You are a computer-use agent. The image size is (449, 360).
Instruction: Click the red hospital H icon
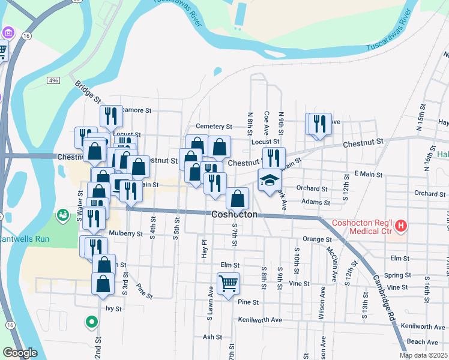[401, 226]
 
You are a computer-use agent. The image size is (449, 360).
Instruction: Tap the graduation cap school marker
[270, 179]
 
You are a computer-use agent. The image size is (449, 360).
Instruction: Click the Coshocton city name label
[235, 214]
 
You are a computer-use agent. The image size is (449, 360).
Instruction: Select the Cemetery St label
[214, 127]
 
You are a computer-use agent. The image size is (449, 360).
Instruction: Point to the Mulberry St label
[125, 234]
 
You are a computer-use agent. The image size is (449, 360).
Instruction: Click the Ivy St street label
[113, 309]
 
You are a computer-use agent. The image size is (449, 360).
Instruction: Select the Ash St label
[212, 337]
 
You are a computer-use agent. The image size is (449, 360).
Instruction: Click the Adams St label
[316, 203]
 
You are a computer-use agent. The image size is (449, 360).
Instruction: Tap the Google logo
[20, 353]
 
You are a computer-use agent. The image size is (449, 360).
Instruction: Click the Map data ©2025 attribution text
[423, 355]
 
